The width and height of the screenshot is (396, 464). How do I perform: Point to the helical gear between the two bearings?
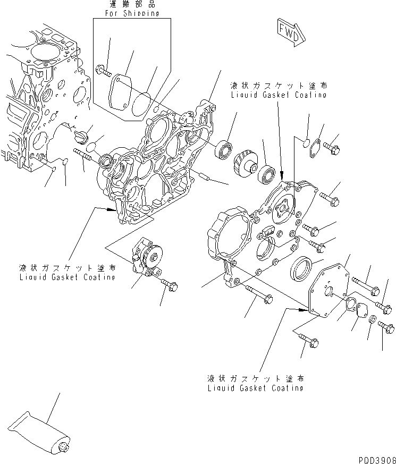coord(246,158)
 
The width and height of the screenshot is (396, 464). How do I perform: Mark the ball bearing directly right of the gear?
coord(267,173)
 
